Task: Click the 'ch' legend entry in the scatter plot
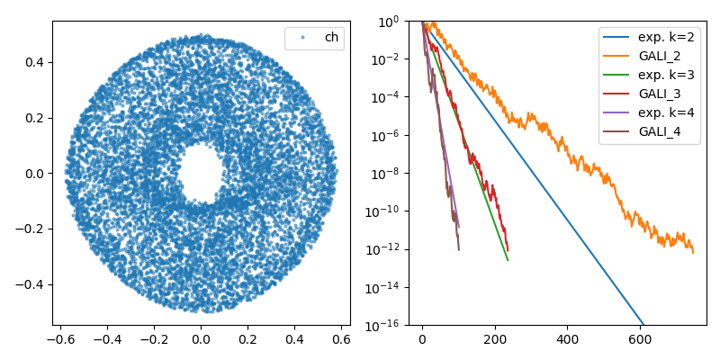pos(331,38)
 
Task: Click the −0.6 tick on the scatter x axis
pos(59,339)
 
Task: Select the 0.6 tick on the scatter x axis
pos(341,339)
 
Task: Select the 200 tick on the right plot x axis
pos(495,339)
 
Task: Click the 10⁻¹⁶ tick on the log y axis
pos(389,325)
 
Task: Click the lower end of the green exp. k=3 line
pos(508,260)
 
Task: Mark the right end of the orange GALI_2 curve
pos(693,253)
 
